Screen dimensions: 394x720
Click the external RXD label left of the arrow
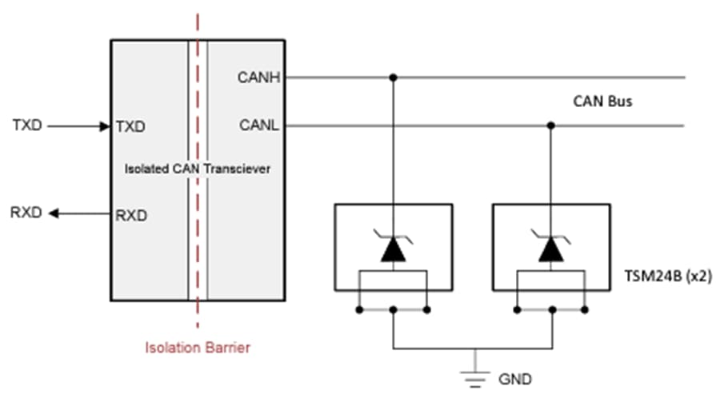pyautogui.click(x=26, y=213)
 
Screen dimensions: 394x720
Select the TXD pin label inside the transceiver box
pyautogui.click(x=130, y=126)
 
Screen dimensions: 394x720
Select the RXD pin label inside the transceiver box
pyautogui.click(x=131, y=214)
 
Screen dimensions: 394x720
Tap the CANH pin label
pyautogui.click(x=256, y=78)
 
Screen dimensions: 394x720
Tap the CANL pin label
pyautogui.click(x=257, y=125)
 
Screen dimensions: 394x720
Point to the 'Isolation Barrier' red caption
pyautogui.click(x=198, y=348)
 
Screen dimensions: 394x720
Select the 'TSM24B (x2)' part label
pyautogui.click(x=668, y=276)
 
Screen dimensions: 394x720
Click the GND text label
pyautogui.click(x=515, y=378)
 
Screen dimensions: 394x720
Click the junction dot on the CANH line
pyautogui.click(x=393, y=78)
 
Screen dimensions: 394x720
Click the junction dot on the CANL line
pyautogui.click(x=550, y=125)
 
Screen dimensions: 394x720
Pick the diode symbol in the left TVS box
pyautogui.click(x=393, y=248)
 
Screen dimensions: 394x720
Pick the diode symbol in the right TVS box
pyautogui.click(x=550, y=248)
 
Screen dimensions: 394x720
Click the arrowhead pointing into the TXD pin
pyautogui.click(x=104, y=125)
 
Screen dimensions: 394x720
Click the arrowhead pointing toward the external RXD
pyautogui.click(x=54, y=213)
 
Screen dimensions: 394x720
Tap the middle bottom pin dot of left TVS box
pyautogui.click(x=393, y=309)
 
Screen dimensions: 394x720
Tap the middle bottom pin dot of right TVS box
pyautogui.click(x=550, y=309)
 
